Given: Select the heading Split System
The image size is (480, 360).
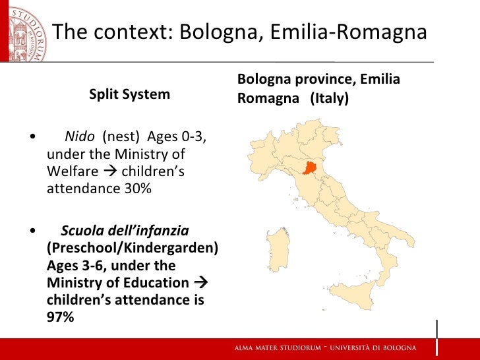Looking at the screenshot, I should click(129, 94).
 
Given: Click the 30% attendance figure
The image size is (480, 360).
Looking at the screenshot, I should click(137, 189).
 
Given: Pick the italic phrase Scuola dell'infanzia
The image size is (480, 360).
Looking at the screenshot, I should click(125, 231).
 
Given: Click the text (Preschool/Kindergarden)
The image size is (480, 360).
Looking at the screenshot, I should click(133, 249).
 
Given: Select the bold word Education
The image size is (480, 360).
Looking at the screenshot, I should click(157, 283).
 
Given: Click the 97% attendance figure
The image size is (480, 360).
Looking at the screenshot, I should click(61, 317).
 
